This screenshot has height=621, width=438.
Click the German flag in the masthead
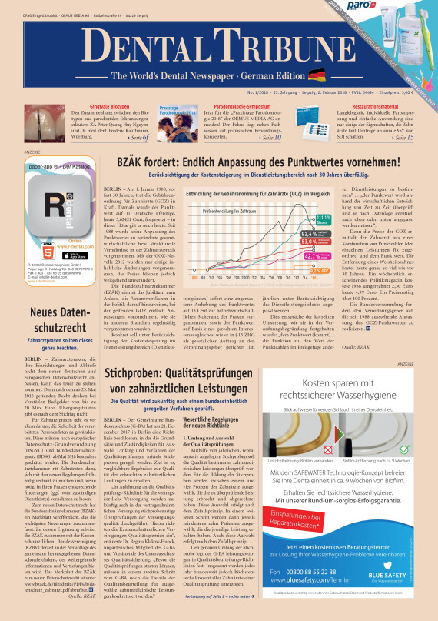pyautogui.click(x=316, y=75)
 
